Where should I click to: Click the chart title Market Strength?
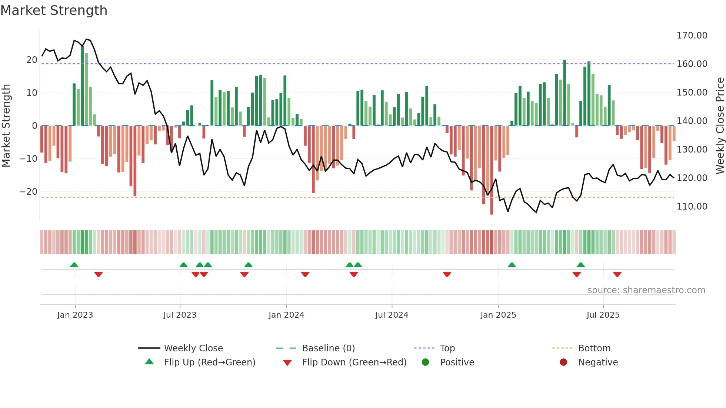click(x=54, y=10)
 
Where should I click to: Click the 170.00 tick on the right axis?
click(x=692, y=36)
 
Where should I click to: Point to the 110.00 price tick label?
click(x=692, y=207)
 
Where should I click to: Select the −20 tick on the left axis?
click(x=29, y=192)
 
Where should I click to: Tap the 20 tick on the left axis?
click(x=32, y=60)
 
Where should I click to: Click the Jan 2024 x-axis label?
click(x=286, y=315)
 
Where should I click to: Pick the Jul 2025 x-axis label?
click(x=603, y=315)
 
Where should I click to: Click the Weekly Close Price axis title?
click(x=720, y=126)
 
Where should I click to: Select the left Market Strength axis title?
click(x=6, y=126)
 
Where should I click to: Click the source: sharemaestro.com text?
click(x=646, y=290)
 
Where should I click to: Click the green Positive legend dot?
click(x=425, y=362)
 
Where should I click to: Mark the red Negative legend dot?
click(x=563, y=362)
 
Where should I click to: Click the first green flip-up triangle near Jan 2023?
click(x=74, y=265)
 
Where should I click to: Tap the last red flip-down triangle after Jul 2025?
click(x=617, y=274)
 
